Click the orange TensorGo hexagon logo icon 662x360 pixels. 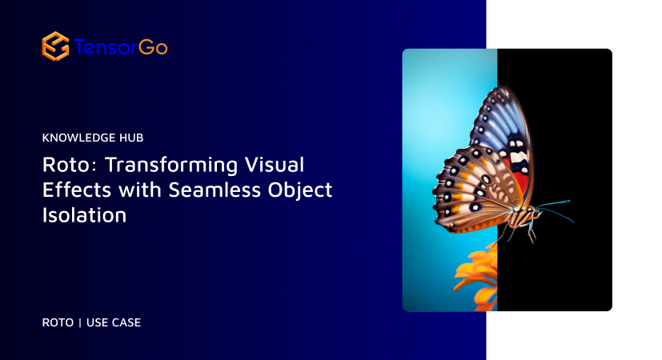tap(54, 46)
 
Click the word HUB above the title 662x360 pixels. tap(129, 138)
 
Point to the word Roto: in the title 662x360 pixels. tap(66, 165)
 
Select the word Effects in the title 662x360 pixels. tap(70, 190)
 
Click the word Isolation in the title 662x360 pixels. tap(84, 215)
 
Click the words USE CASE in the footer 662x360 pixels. tap(114, 322)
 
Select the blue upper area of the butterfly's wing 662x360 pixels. tap(500, 120)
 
